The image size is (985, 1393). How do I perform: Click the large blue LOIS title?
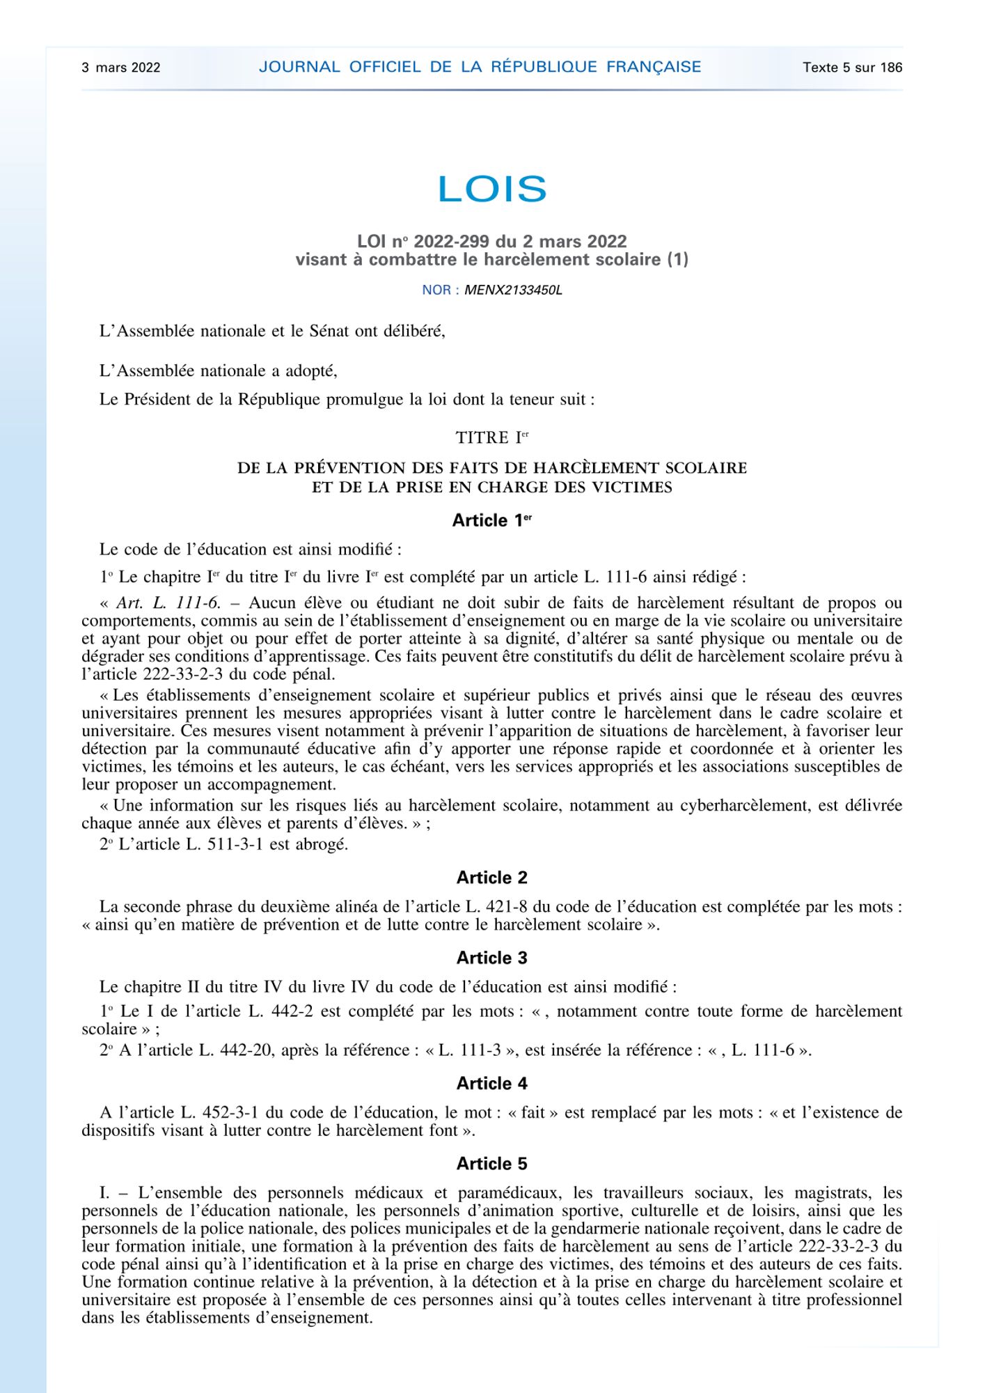492,189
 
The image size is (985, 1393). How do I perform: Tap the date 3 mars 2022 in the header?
121,68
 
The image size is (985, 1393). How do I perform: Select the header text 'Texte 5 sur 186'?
852,68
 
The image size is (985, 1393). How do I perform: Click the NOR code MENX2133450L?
513,290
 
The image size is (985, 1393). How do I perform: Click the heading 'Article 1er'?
491,520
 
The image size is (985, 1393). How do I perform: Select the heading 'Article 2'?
491,878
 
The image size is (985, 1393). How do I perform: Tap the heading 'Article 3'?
491,958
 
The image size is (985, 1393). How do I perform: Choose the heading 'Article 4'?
491,1083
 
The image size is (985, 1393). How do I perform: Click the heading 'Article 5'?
491,1163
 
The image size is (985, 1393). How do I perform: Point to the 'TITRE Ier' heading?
491,438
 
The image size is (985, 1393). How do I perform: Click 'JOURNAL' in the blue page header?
299,67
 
